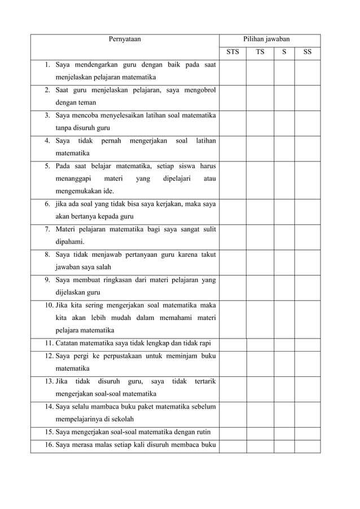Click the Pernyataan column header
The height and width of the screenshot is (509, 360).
125,39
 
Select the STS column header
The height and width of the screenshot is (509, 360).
232,53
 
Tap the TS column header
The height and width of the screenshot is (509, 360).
260,53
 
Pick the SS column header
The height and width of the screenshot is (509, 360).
307,53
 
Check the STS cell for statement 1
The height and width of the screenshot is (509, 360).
232,72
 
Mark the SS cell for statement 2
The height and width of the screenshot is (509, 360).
307,96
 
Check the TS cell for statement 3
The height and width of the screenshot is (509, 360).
260,122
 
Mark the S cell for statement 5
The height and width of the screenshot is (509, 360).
284,178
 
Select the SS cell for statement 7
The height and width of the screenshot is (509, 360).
307,236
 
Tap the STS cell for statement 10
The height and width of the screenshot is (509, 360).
232,318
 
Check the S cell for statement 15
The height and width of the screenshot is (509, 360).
284,433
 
